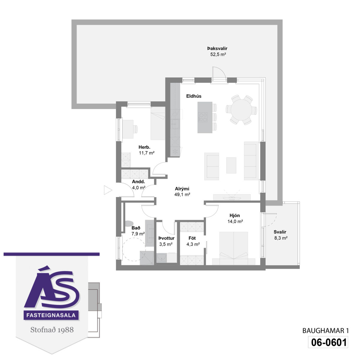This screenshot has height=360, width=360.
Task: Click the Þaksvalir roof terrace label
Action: coord(217,49)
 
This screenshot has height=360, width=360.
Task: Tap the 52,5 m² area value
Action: coord(218,55)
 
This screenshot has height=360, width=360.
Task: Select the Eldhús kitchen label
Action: coord(194,96)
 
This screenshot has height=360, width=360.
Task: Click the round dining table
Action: coord(241,110)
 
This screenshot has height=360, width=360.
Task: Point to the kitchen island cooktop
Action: coord(203,117)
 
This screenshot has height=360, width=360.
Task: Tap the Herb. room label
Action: coord(144,147)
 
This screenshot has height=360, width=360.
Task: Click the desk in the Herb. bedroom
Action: coord(128,129)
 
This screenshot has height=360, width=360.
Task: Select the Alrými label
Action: coord(182,189)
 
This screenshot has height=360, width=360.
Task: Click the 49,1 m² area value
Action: coord(182,194)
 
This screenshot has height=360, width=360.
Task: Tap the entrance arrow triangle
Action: coord(108,190)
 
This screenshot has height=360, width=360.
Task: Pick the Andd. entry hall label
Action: coord(138,181)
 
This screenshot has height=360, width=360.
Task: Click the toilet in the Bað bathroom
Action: coord(129,223)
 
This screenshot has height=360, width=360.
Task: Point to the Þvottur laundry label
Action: coord(166,238)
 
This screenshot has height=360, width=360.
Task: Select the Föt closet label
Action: coord(192,238)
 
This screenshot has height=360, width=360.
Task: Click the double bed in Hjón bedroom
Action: coord(233,248)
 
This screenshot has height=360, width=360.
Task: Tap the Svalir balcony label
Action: coord(280,232)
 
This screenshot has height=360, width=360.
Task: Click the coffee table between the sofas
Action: coord(231,165)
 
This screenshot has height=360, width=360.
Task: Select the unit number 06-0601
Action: coord(328,342)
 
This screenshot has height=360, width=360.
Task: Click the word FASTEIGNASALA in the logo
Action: coord(51,315)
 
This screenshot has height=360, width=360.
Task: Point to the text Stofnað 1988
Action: coord(52,330)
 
